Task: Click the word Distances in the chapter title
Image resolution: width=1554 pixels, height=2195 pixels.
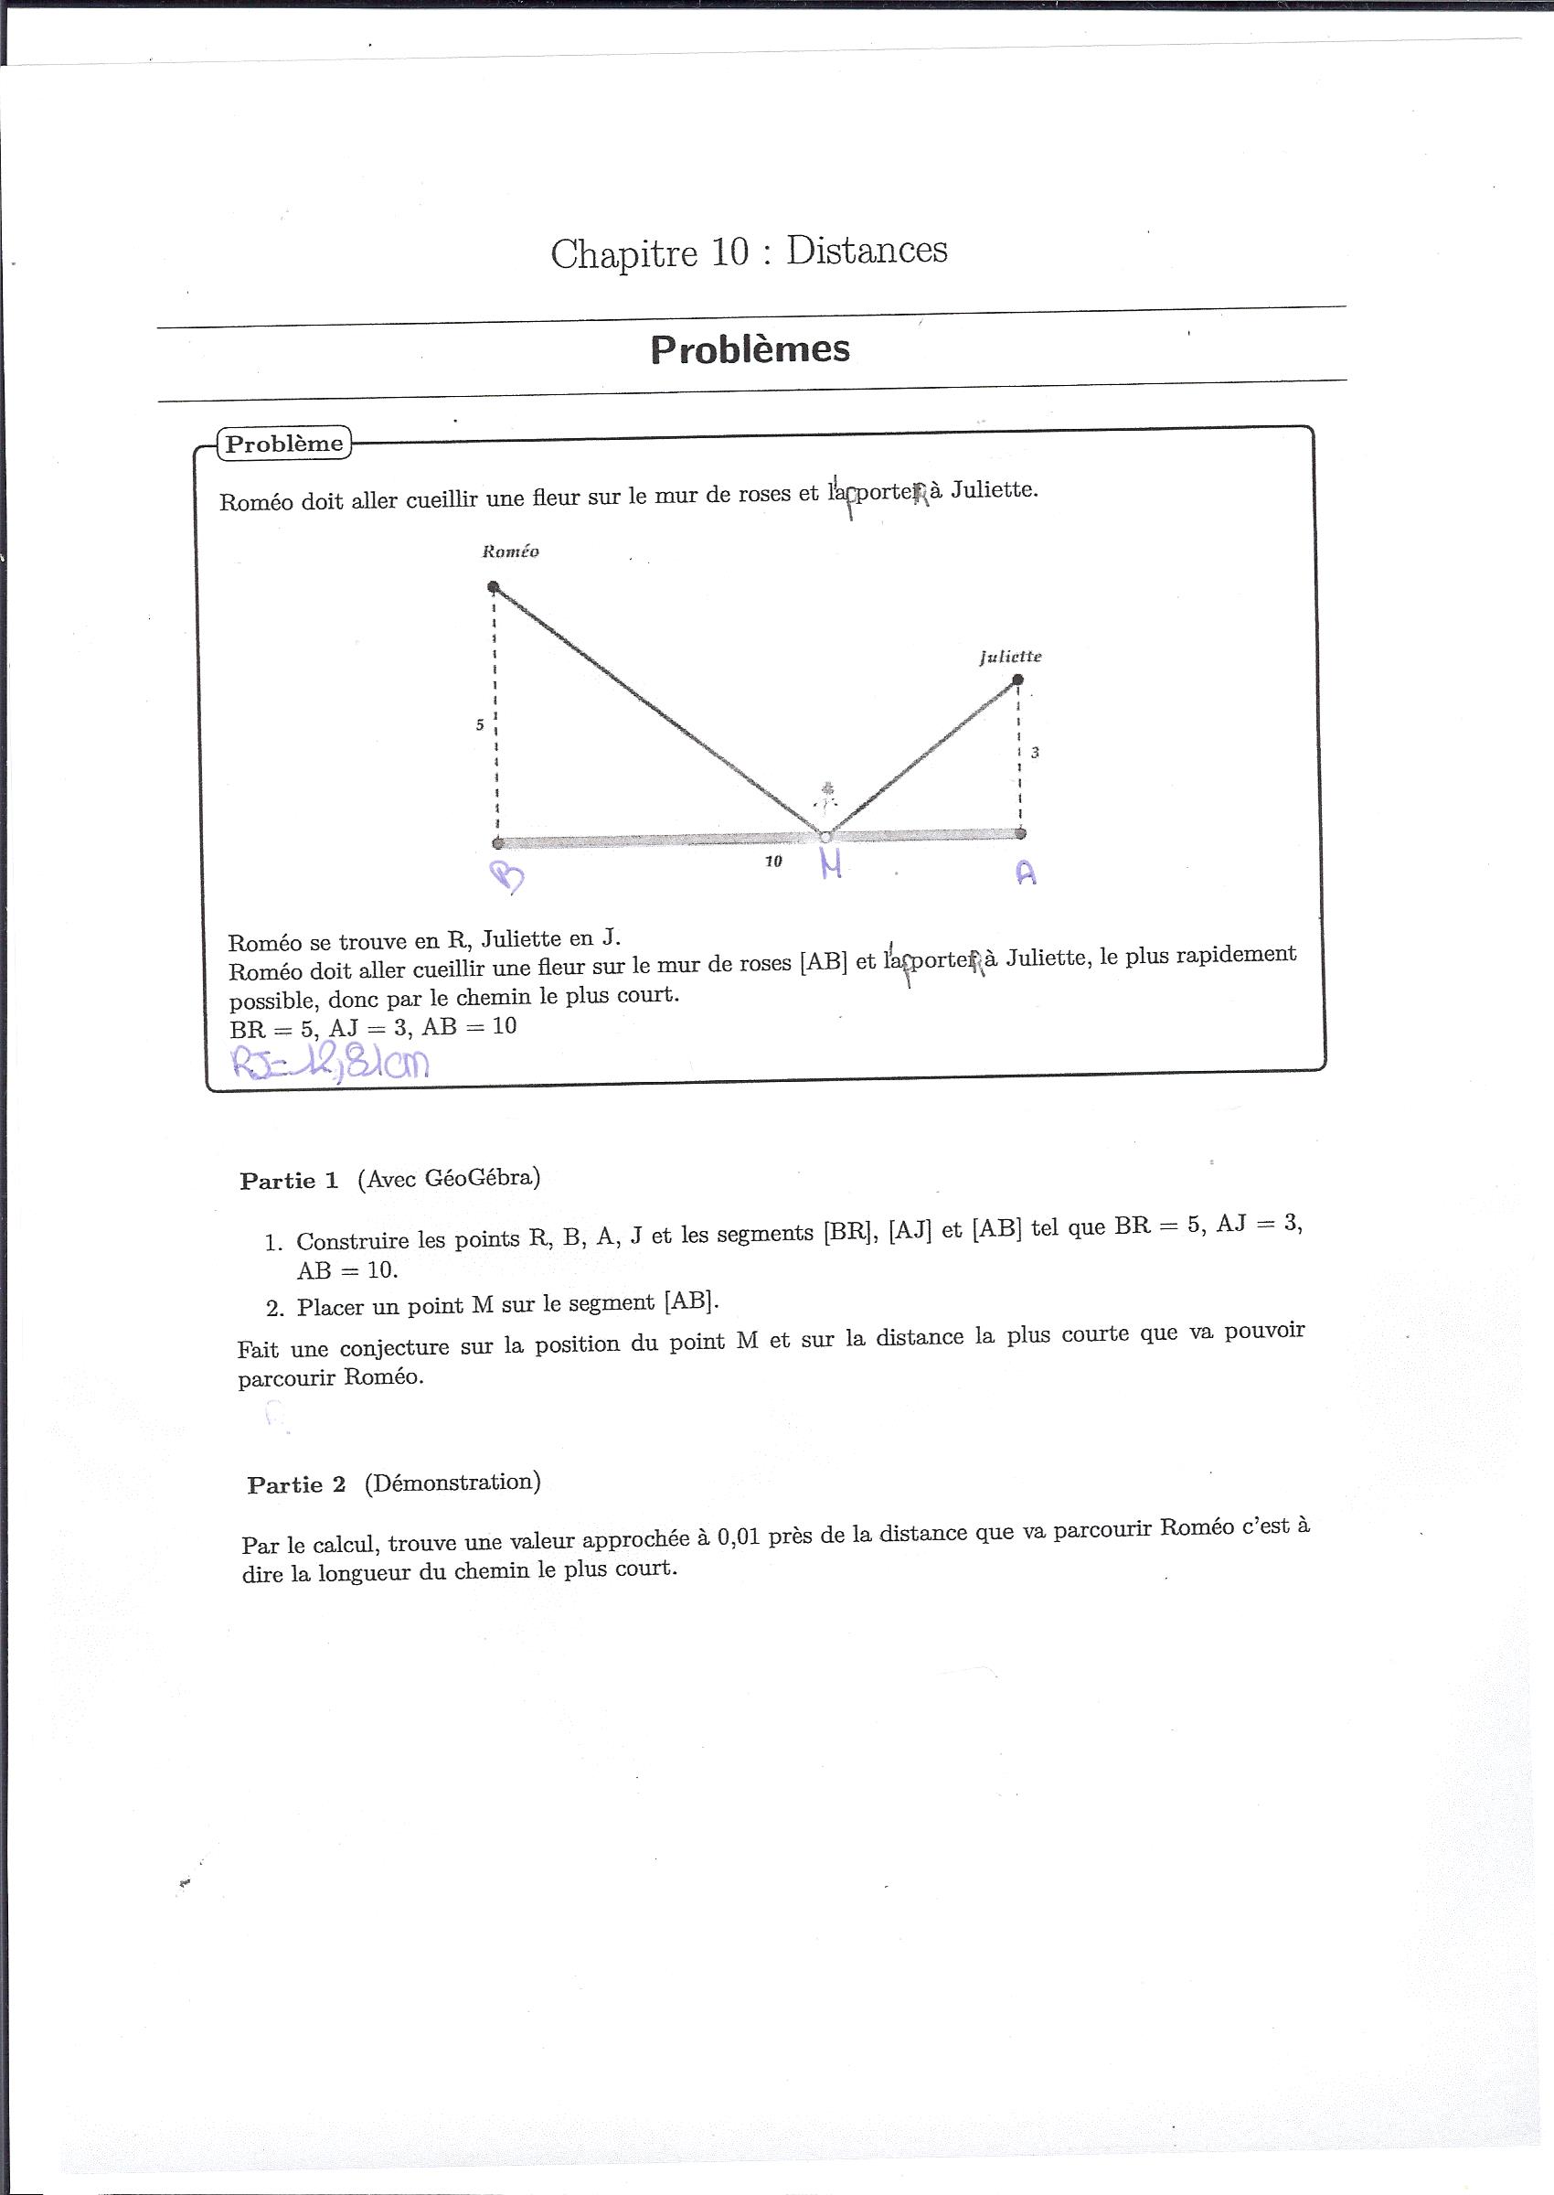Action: click(x=866, y=251)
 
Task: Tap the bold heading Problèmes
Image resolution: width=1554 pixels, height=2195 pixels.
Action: click(x=750, y=349)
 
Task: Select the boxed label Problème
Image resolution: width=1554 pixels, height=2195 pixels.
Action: click(x=284, y=444)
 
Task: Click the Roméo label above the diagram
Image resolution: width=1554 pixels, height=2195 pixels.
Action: click(x=510, y=551)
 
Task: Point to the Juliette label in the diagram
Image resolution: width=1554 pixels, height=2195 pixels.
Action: click(x=1010, y=657)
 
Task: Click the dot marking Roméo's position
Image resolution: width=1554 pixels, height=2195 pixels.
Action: click(x=493, y=587)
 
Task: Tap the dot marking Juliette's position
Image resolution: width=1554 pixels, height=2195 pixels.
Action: click(x=1018, y=680)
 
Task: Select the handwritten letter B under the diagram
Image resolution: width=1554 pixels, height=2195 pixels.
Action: click(x=507, y=875)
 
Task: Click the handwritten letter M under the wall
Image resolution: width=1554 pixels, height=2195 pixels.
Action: click(x=832, y=865)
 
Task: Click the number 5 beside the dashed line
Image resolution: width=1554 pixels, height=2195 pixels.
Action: click(x=480, y=724)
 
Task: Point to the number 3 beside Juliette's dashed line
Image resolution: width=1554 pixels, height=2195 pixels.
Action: click(x=1036, y=753)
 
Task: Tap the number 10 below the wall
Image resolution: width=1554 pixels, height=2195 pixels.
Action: click(x=773, y=862)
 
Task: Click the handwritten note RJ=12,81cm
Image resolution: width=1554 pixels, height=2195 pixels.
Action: click(x=331, y=1063)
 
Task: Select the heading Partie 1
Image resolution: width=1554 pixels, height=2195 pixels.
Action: click(x=289, y=1182)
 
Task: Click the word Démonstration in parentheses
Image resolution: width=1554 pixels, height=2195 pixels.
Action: click(x=452, y=1483)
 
